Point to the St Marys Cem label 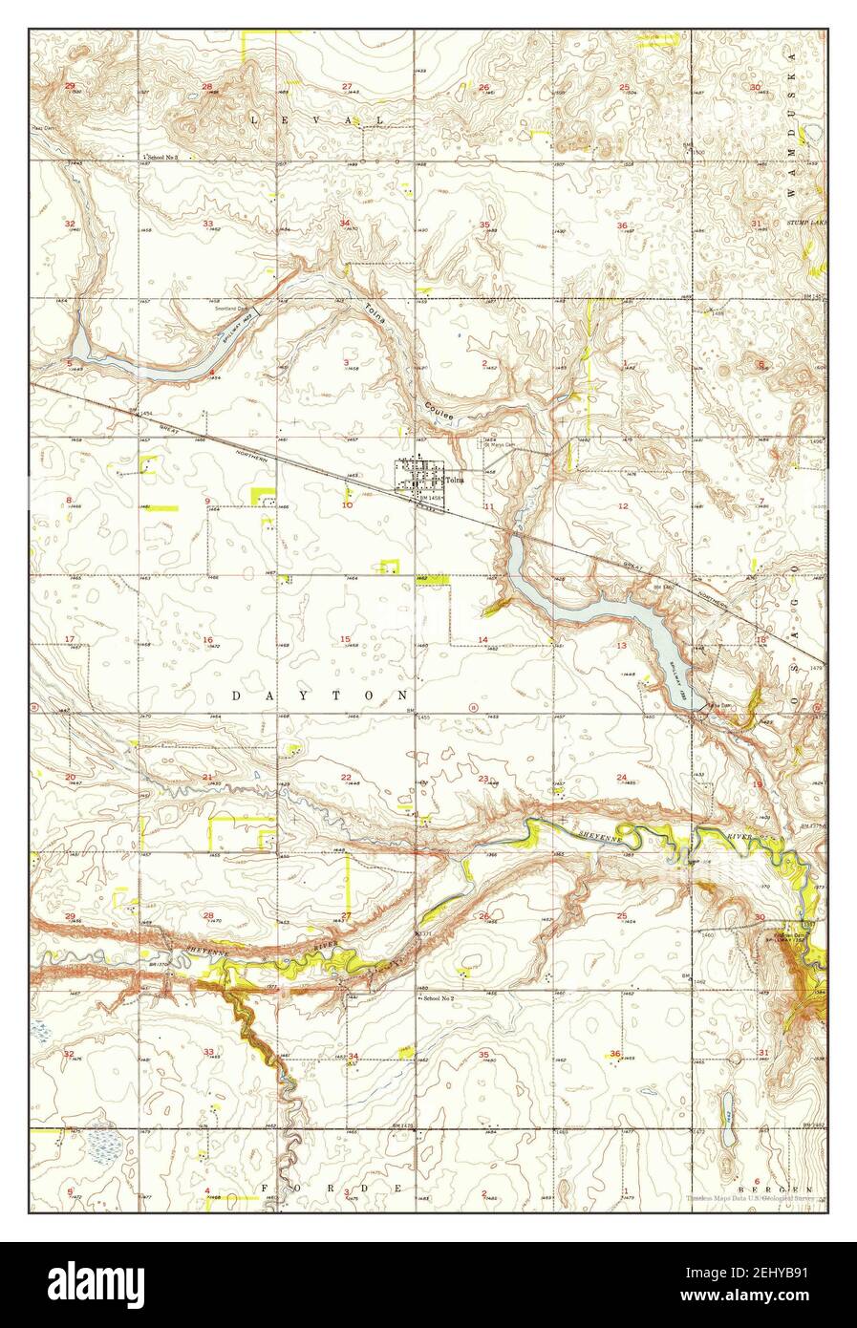[x=499, y=443]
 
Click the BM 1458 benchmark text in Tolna [x=425, y=497]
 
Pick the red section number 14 [x=483, y=639]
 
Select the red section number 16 [x=207, y=639]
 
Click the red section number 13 [x=621, y=646]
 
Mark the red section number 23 [x=483, y=779]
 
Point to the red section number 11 [x=489, y=505]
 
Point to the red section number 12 [x=623, y=505]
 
